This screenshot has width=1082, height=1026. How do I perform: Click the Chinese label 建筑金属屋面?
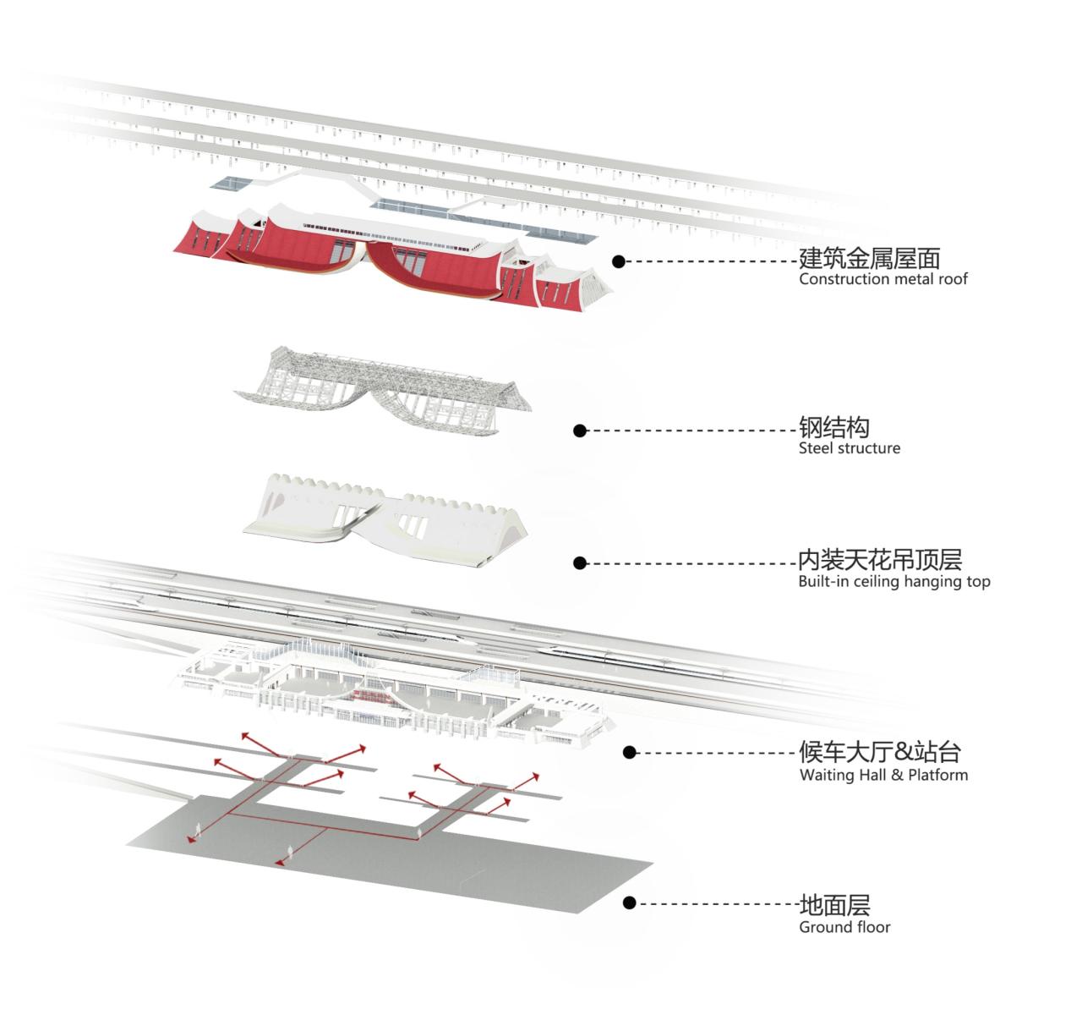(870, 258)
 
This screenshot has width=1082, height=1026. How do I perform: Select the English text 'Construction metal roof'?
(883, 279)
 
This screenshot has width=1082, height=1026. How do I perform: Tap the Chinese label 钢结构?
(834, 427)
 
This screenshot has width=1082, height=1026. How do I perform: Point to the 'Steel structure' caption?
(849, 448)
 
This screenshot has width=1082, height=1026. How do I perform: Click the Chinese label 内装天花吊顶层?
(880, 560)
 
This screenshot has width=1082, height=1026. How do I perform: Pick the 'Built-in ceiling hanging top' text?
(893, 582)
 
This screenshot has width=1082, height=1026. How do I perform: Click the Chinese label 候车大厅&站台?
(880, 752)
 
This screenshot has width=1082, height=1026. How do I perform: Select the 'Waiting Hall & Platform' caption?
(883, 775)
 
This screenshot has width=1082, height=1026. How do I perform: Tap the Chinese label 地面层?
(834, 905)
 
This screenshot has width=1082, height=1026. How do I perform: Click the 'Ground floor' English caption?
(844, 927)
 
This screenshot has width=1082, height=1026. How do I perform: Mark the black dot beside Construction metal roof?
(619, 262)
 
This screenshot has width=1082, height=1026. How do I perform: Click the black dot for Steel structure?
(580, 431)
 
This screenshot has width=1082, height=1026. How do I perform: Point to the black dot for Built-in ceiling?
(580, 563)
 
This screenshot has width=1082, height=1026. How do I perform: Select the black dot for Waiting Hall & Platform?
(629, 752)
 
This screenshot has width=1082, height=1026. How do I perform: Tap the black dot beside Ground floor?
(629, 903)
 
